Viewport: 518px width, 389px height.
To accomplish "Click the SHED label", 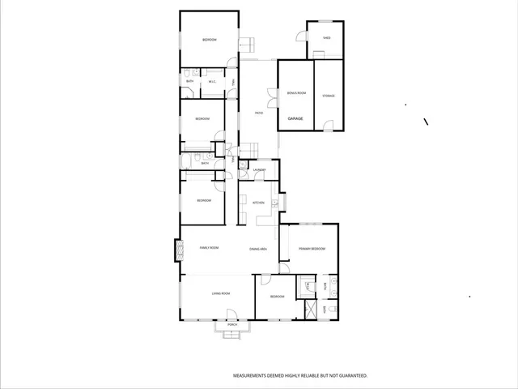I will click(x=327, y=37).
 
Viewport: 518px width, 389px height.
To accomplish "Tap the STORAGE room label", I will click(x=329, y=96).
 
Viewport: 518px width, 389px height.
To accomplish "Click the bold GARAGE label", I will click(x=295, y=119).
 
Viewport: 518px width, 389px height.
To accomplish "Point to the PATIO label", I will click(x=259, y=113).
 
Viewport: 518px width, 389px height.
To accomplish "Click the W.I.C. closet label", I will click(x=212, y=81).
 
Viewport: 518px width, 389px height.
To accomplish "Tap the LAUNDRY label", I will click(x=259, y=169).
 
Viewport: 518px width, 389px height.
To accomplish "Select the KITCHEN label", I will click(x=259, y=203).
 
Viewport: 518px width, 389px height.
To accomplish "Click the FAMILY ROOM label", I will click(x=209, y=248).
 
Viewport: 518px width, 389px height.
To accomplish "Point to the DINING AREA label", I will click(x=259, y=249).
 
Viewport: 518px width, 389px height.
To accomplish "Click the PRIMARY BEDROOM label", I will click(x=312, y=249).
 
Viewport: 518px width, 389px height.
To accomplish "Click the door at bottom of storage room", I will click(x=328, y=126).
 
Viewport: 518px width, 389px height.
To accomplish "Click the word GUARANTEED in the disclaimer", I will click(x=351, y=376).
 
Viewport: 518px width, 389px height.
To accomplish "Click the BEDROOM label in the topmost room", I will click(x=209, y=40).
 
